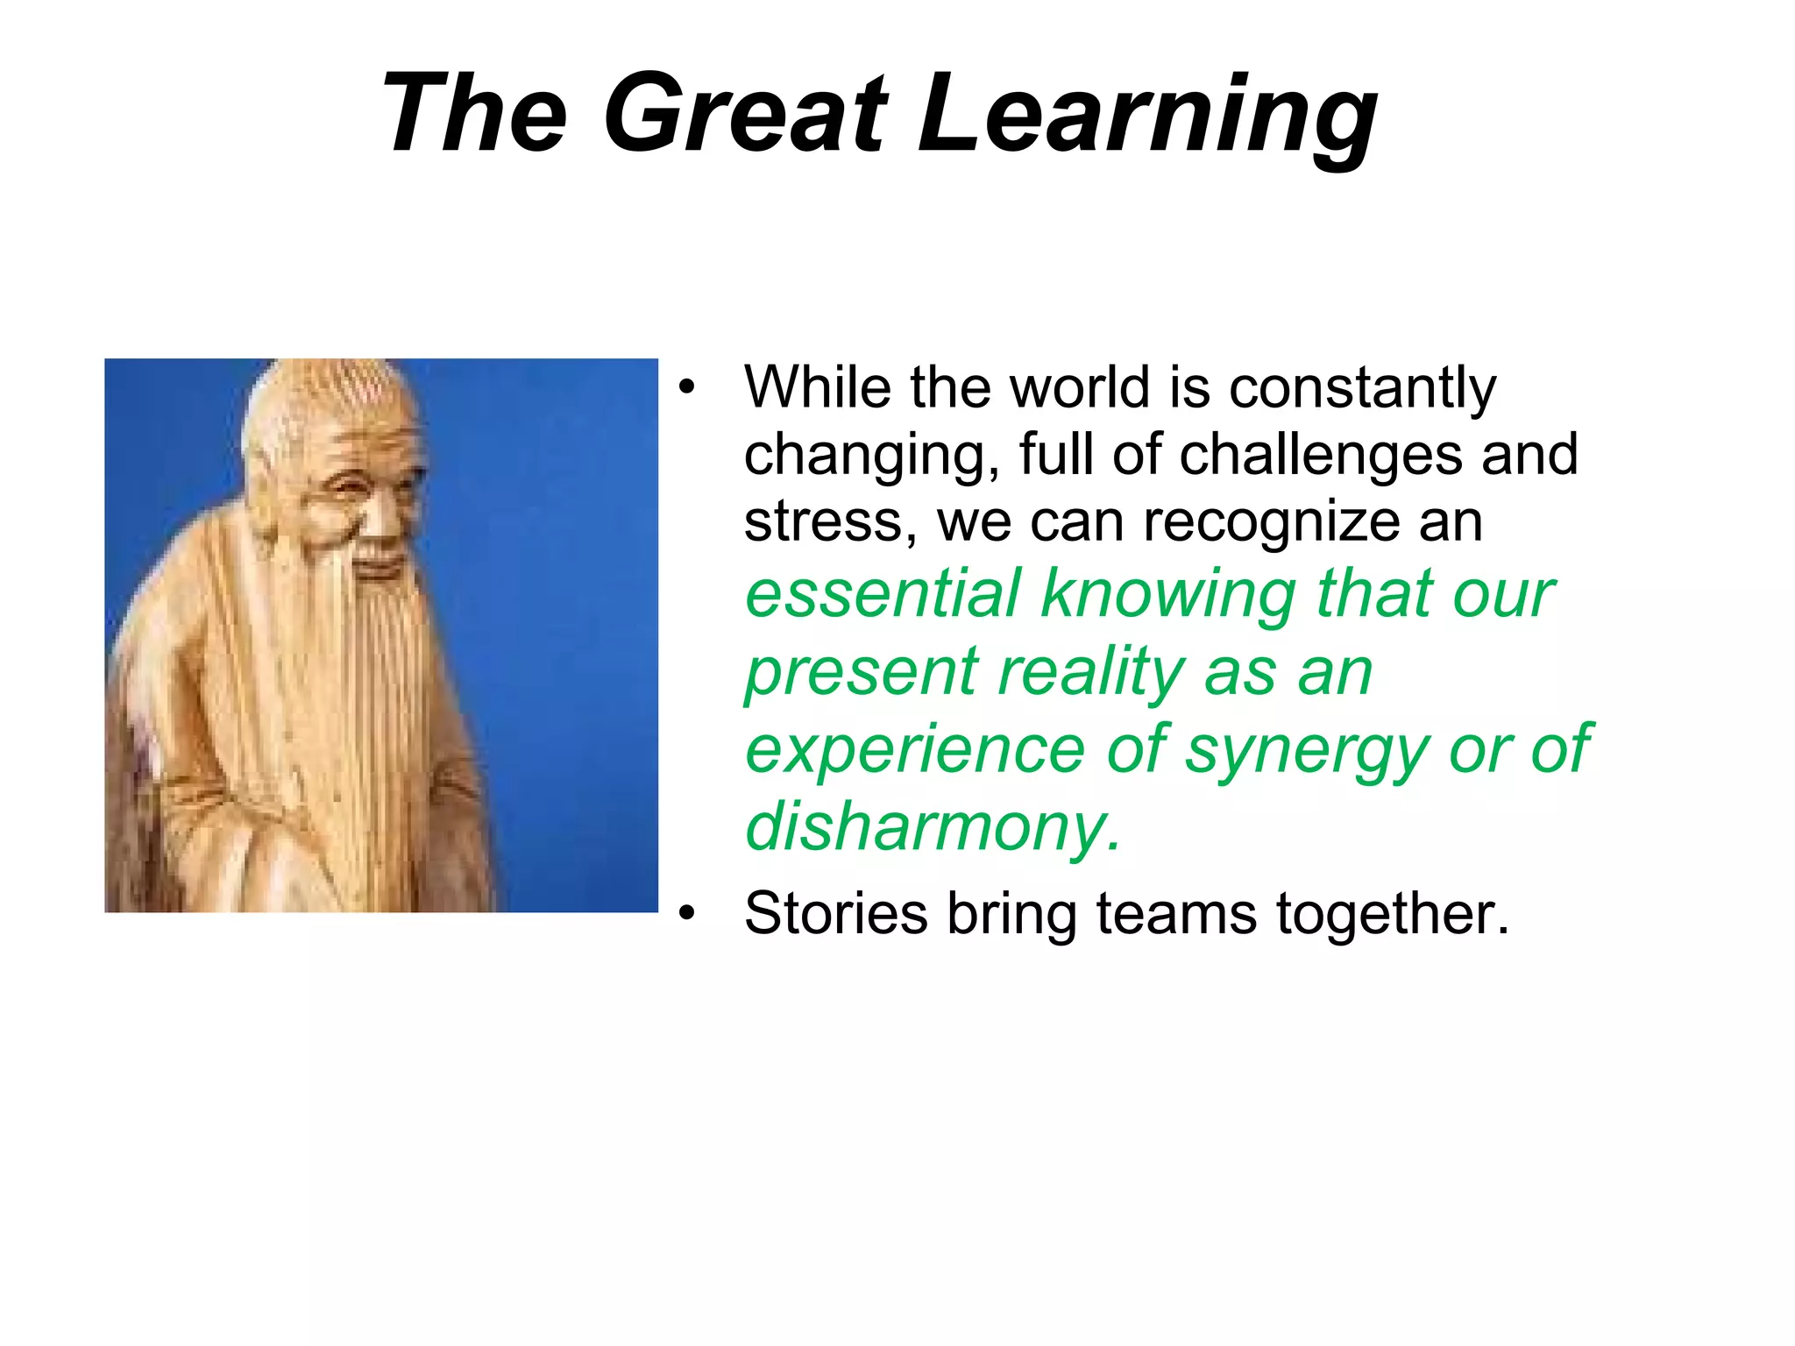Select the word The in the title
pos(474,114)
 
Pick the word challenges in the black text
pos(1320,456)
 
